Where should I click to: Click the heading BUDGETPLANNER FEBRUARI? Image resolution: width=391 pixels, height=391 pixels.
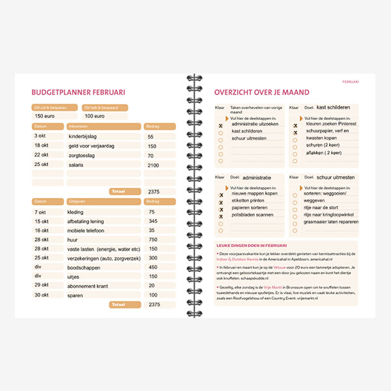(x=78, y=93)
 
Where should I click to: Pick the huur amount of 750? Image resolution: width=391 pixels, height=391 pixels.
(x=153, y=240)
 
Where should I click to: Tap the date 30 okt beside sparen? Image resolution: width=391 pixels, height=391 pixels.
(x=42, y=295)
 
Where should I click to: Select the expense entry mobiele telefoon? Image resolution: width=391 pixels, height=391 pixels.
(x=87, y=231)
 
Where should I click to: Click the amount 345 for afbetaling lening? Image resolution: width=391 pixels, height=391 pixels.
(x=153, y=222)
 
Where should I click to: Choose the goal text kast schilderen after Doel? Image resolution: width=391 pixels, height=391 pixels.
(x=333, y=108)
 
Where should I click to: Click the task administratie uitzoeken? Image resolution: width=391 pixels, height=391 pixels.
(x=254, y=123)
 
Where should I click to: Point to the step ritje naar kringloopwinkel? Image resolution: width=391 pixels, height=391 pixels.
(x=332, y=214)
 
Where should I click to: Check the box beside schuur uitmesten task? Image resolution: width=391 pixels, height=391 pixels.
(x=221, y=139)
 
